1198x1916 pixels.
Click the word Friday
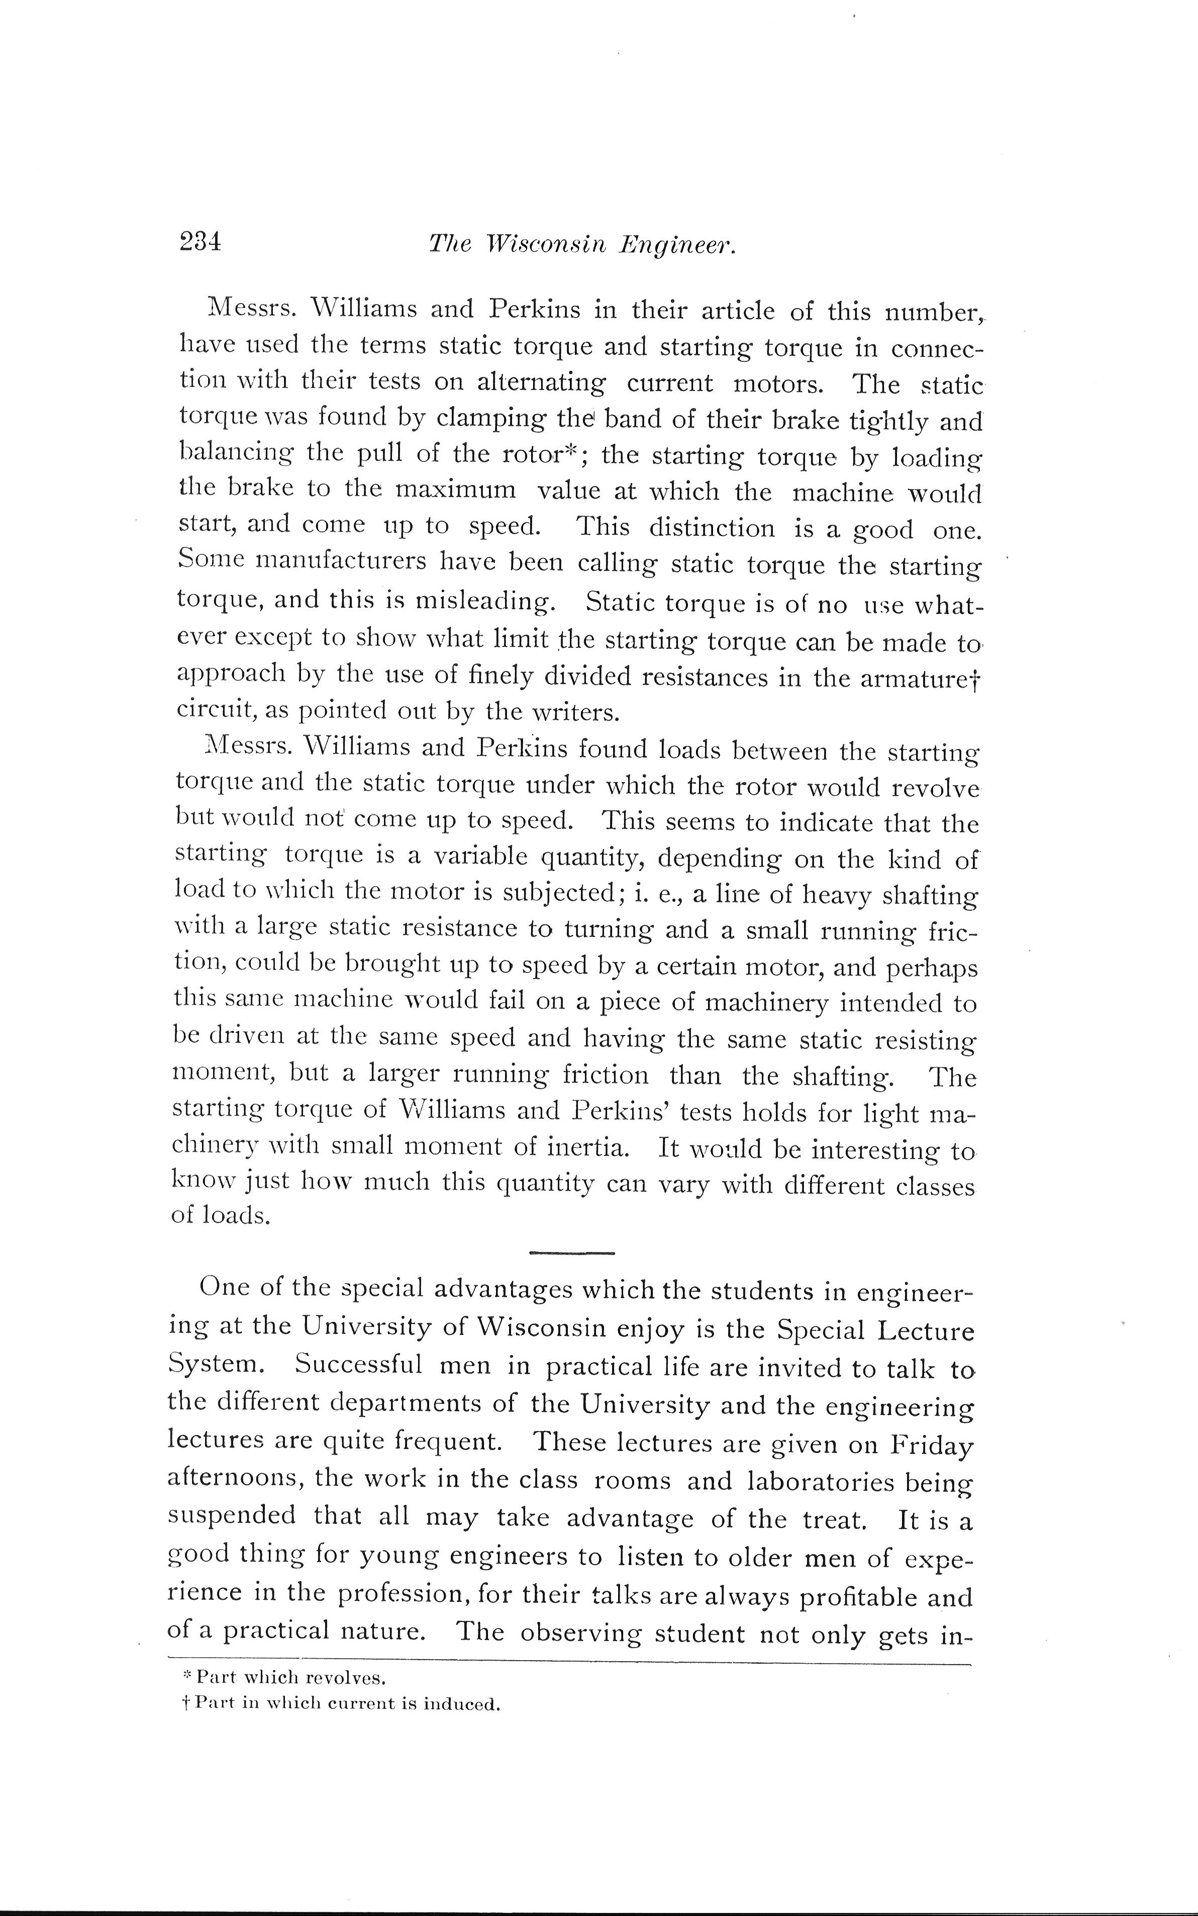click(929, 1443)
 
